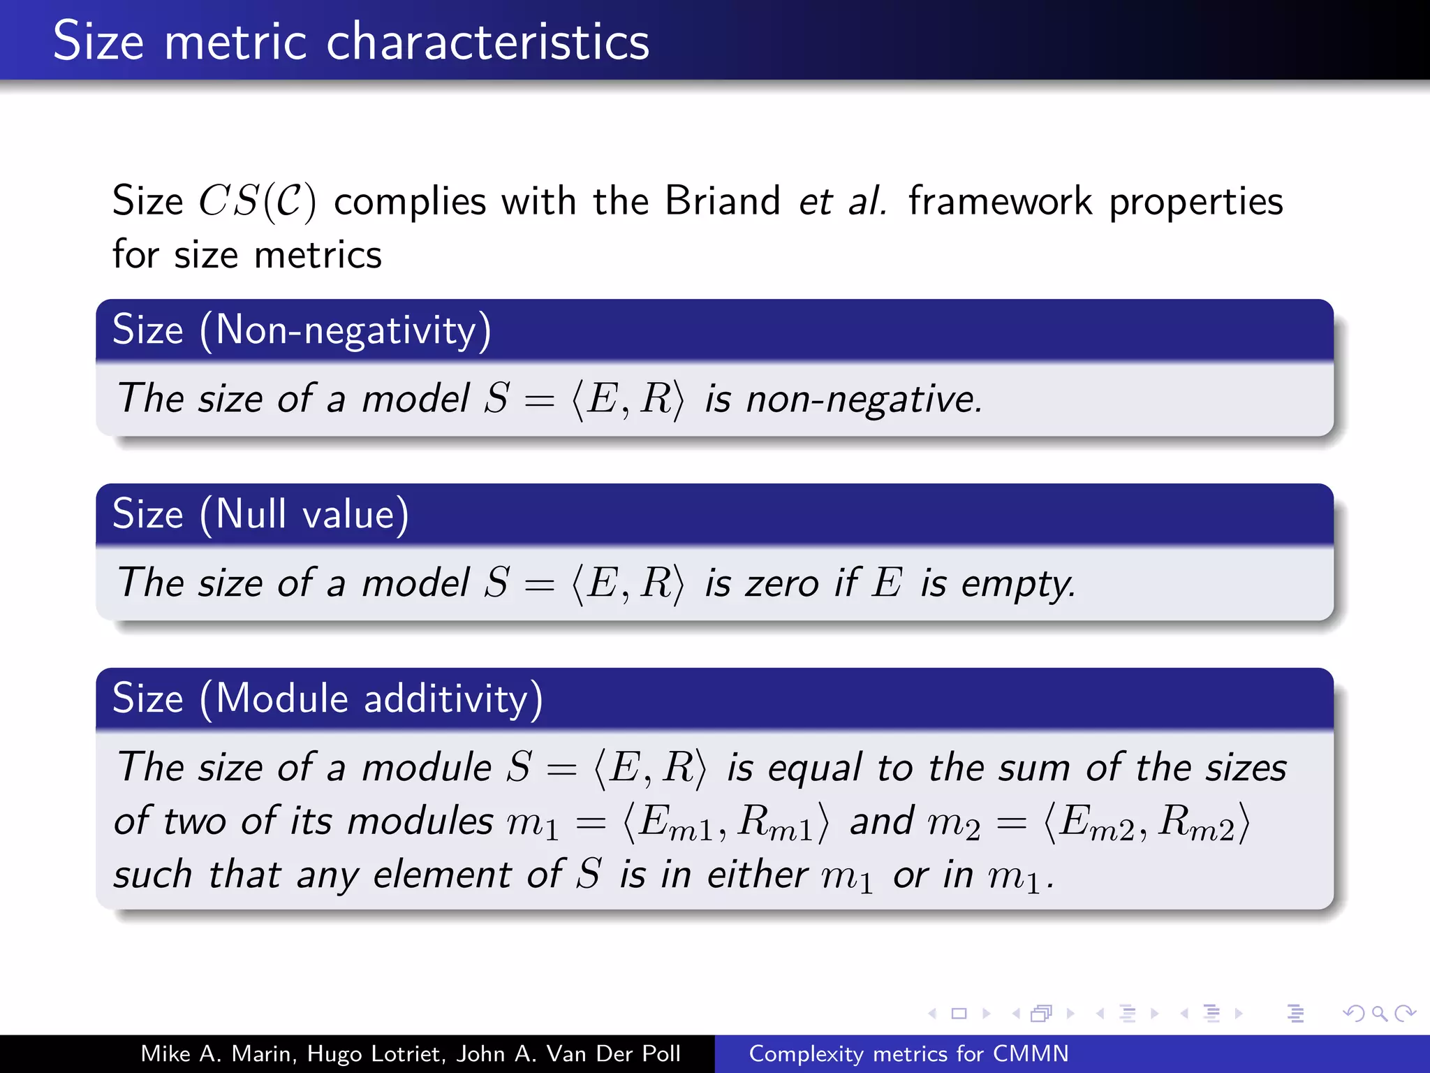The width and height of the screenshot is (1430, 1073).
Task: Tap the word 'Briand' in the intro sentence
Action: point(722,201)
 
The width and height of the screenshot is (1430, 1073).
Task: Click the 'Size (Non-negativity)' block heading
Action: point(302,330)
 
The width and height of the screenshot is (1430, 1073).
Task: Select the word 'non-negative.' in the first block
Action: point(864,400)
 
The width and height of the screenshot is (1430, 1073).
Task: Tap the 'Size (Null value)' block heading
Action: point(260,514)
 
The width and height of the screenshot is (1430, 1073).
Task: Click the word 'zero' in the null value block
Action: point(781,584)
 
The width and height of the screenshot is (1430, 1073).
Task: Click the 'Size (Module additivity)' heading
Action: point(327,699)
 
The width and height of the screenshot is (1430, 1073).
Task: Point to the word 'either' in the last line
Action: point(757,875)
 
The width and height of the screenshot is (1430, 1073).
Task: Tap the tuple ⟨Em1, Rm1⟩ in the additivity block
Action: point(725,822)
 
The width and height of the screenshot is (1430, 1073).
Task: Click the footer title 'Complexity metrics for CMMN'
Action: point(908,1053)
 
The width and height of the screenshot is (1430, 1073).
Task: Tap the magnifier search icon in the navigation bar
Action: point(1379,1014)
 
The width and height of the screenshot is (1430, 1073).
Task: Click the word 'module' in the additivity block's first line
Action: point(427,768)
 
